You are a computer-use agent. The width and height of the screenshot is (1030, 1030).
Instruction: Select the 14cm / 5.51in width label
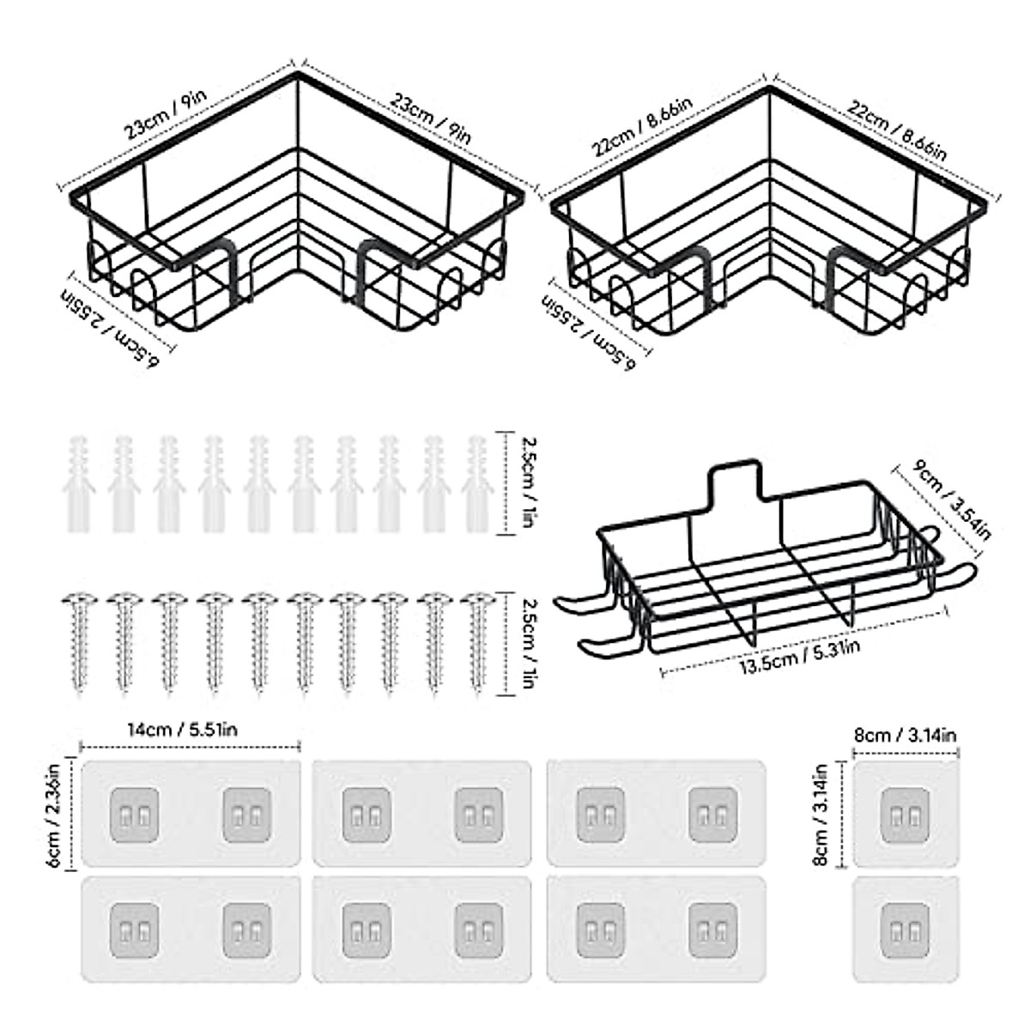tap(182, 731)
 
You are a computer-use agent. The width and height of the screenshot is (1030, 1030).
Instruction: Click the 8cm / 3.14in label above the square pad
tap(905, 735)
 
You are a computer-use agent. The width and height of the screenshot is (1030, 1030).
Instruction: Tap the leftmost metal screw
tap(79, 639)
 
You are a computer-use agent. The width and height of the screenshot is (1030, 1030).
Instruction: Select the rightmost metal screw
tap(477, 639)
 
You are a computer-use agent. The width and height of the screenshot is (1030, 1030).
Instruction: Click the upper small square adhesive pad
tap(905, 813)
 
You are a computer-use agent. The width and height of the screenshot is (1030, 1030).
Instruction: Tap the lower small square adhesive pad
tap(905, 929)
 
